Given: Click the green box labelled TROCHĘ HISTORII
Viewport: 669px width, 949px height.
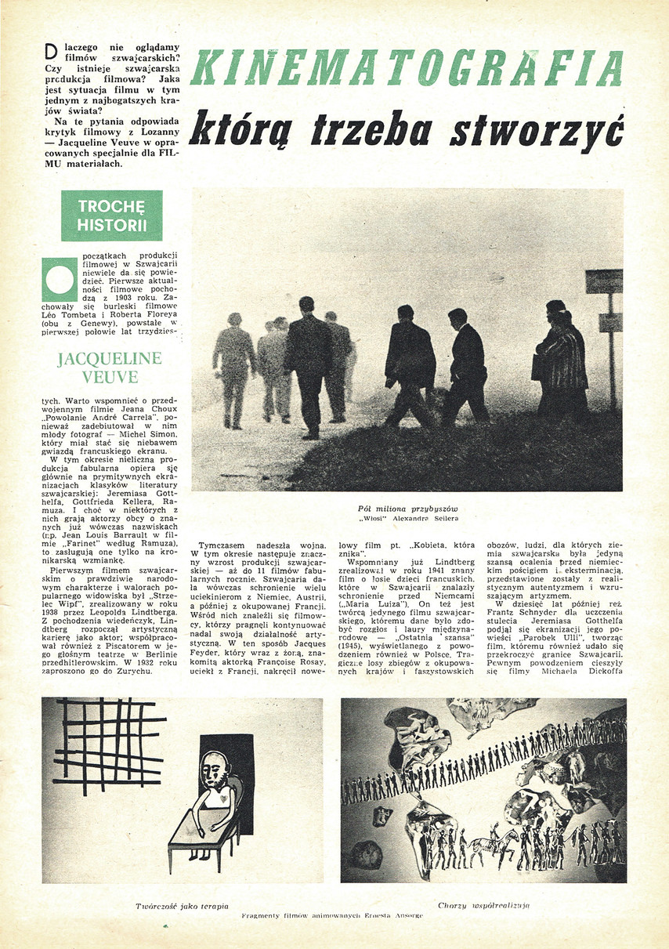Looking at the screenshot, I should click(x=112, y=216).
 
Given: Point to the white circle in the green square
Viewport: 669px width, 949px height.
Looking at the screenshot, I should click(x=60, y=281).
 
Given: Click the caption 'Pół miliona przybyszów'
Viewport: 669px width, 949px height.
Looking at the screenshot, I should click(x=407, y=509).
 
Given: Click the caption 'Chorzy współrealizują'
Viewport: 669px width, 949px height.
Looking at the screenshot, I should click(x=483, y=906).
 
